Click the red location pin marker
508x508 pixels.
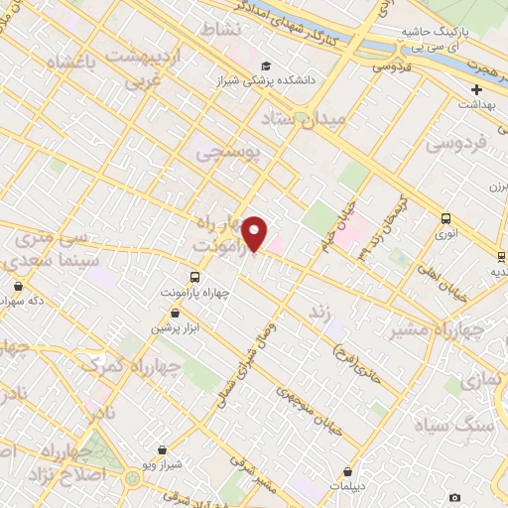point(255,233)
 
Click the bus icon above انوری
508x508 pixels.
point(445,219)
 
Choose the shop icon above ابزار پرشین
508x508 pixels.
point(175,313)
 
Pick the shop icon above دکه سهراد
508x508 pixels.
point(18,285)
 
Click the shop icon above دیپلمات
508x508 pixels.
point(347,472)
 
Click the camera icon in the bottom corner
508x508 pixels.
point(454,496)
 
